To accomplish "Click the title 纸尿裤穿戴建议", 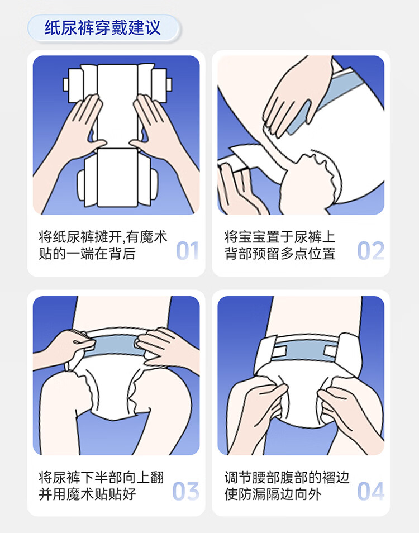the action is click(103, 27).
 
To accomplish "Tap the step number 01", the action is click(187, 251).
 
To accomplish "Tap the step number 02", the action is click(371, 251).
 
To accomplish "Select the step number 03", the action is click(185, 491).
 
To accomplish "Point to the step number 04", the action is click(371, 491).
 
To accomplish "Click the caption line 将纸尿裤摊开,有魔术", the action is click(103, 237).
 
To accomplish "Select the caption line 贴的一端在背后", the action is click(87, 254).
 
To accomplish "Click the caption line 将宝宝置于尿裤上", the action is click(280, 237).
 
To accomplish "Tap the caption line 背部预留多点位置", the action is click(280, 254).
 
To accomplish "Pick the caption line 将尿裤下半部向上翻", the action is click(101, 477).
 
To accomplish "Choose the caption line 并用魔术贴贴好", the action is click(87, 494).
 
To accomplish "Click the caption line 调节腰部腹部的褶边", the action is click(287, 477).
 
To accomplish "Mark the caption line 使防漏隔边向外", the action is click(273, 494).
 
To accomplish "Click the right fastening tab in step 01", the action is click(169, 84).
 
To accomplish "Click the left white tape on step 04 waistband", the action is click(279, 351).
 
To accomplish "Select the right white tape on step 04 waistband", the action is click(331, 351).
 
